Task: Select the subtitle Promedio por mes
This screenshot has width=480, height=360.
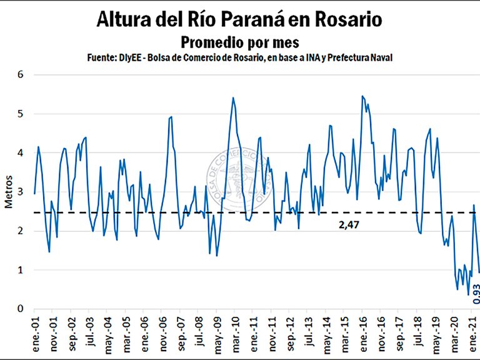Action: pyautogui.click(x=239, y=42)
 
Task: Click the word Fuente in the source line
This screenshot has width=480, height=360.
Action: pyautogui.click(x=101, y=57)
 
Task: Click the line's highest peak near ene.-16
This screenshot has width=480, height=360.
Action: pyautogui.click(x=362, y=96)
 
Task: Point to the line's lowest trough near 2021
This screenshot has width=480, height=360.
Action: pyautogui.click(x=468, y=294)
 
